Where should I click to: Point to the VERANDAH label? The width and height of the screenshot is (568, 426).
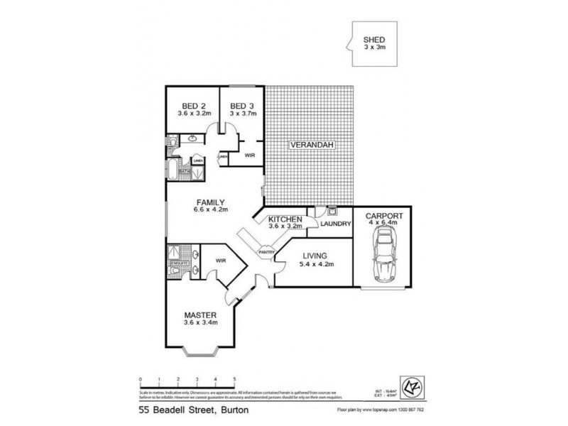tap(310, 146)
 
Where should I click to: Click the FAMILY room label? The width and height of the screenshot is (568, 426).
tap(211, 201)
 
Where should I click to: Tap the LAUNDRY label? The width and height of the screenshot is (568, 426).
tap(335, 224)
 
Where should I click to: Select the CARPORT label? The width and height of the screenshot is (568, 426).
tap(384, 215)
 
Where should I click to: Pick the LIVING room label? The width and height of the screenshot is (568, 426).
tap(312, 256)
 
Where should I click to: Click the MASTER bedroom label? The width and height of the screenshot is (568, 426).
tap(200, 316)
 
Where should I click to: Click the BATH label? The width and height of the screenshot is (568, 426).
tap(182, 170)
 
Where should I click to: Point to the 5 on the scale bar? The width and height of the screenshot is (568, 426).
tap(234, 379)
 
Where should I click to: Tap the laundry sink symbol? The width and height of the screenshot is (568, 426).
tap(332, 210)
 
